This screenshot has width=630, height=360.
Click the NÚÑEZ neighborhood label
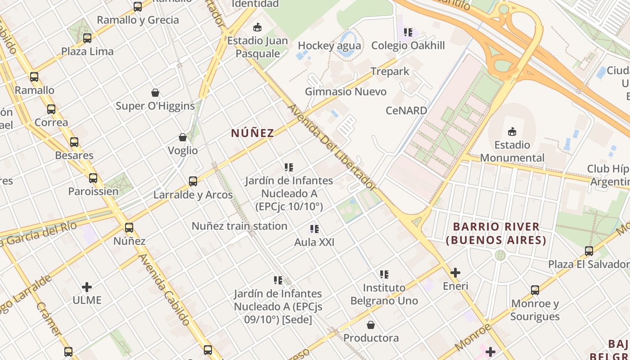pos(252,133)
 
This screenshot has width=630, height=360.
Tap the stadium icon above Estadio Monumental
pos(512,131)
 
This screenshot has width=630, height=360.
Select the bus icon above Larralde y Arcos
pos(193,181)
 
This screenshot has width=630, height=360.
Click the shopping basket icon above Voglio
pos(183,137)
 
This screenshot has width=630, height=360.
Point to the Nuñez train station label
pos(239,226)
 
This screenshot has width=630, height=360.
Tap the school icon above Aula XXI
pos(314,229)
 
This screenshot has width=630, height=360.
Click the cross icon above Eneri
pos(455,273)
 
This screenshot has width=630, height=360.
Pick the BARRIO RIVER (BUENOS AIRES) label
pos(496,233)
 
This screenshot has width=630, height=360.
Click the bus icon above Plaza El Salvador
pos(589,251)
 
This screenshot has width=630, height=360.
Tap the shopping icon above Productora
pos(371,325)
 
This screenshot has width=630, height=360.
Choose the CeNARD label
pos(406,110)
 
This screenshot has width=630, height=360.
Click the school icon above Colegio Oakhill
pos(408,32)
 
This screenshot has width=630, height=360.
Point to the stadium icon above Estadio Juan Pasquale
pos(257,27)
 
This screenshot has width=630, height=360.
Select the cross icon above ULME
pos(87,287)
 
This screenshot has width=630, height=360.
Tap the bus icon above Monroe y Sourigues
pos(535,290)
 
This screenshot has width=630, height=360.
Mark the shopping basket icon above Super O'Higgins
pos(155,93)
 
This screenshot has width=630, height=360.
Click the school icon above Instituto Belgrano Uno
pos(384,274)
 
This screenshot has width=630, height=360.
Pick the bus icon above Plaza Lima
pos(87,38)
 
